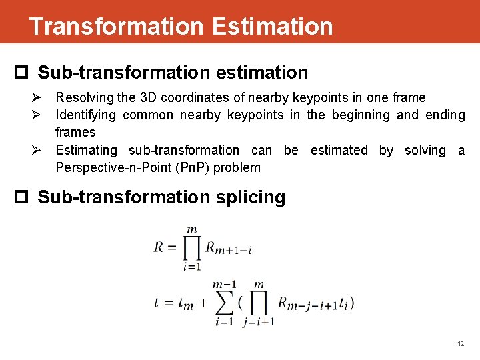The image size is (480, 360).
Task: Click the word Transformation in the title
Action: [116, 27]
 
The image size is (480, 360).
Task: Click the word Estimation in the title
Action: [271, 27]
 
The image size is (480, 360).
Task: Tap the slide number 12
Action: [461, 344]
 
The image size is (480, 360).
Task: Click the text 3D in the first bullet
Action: [148, 98]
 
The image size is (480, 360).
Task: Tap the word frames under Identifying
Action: [75, 132]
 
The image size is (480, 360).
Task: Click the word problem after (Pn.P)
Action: [237, 167]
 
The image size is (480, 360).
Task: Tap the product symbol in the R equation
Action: [192, 248]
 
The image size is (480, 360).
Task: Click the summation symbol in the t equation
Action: [225, 303]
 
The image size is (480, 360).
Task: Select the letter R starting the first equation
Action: [159, 248]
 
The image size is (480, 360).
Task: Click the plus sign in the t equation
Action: [201, 304]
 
